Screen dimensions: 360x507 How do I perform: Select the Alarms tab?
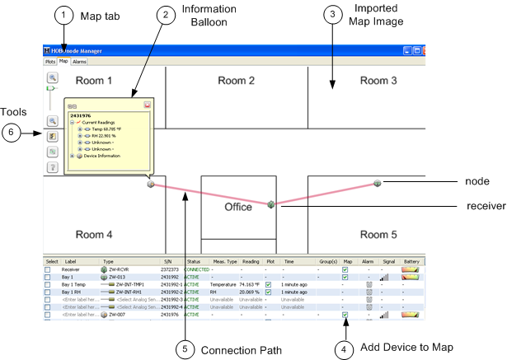click(x=79, y=62)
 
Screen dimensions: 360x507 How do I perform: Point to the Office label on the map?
click(x=238, y=207)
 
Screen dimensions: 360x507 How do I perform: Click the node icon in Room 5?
click(x=377, y=183)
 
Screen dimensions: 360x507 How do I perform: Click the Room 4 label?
click(x=94, y=233)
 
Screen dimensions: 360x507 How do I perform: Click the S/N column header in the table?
click(x=167, y=261)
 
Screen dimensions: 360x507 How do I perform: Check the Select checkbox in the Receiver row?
click(x=48, y=269)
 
